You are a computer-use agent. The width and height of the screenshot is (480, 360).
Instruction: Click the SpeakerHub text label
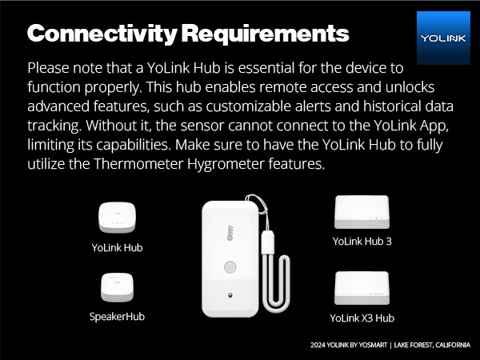point(117,317)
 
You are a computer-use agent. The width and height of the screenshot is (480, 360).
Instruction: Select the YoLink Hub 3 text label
point(362,241)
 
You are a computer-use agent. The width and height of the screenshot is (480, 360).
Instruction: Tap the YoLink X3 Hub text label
point(362,318)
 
